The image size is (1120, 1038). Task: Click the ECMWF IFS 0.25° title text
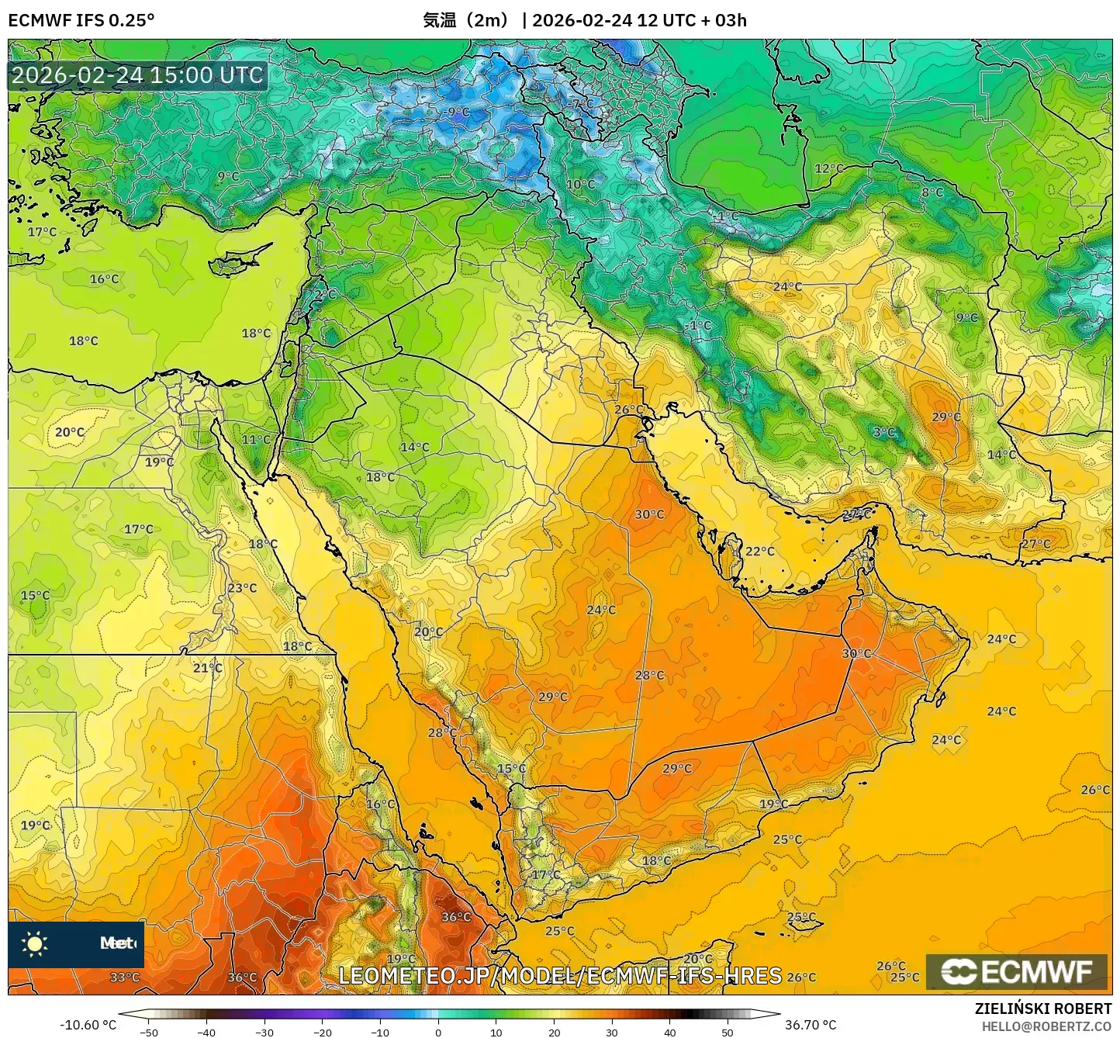[x=81, y=20]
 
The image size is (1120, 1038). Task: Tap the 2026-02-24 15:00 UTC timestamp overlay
[x=137, y=75]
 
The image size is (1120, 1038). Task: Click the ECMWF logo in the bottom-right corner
[x=1017, y=971]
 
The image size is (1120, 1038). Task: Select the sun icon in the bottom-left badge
[x=35, y=944]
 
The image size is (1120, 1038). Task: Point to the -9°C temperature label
[x=458, y=112]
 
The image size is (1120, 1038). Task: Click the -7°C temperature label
[x=582, y=103]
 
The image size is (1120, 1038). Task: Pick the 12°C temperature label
[x=828, y=168]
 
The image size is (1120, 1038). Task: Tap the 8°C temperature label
[x=932, y=192]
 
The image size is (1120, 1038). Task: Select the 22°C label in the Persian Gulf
[x=760, y=551]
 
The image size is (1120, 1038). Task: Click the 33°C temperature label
[x=124, y=977]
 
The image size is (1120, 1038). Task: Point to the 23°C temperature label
[x=242, y=588]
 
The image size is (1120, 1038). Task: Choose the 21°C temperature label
[x=208, y=667]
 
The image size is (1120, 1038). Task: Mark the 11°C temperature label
[x=256, y=440]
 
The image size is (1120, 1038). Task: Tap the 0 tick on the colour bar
[x=438, y=1032]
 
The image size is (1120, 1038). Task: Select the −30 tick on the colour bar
[x=264, y=1032]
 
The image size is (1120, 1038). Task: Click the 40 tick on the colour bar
[x=670, y=1032]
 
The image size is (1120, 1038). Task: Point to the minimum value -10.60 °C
[x=88, y=1025]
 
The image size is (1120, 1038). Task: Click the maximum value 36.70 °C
[x=811, y=1025]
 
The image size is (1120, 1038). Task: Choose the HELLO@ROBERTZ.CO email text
[x=1046, y=1026]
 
